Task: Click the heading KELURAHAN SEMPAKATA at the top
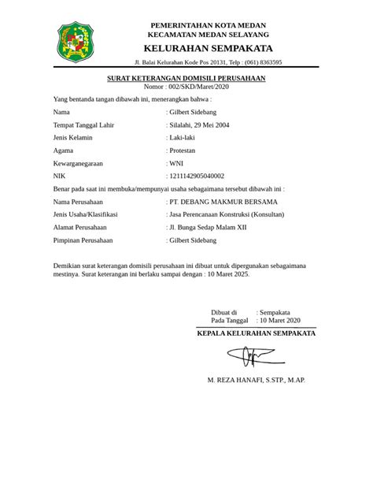(x=209, y=48)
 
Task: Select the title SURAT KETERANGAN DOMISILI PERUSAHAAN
(x=186, y=80)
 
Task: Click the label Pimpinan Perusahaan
(x=83, y=240)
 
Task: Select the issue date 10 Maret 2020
(x=279, y=321)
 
